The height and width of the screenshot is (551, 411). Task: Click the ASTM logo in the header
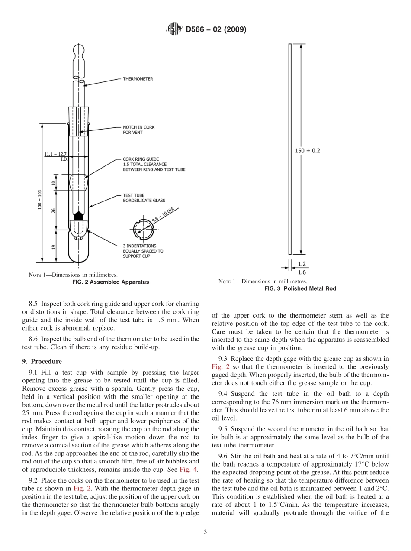coord(174,30)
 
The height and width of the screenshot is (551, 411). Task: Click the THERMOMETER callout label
coord(138,79)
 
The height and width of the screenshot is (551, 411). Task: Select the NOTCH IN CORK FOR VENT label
coord(138,130)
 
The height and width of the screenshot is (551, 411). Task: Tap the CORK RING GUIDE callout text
coord(154,164)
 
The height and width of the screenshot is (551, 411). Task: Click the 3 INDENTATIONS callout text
coord(143,251)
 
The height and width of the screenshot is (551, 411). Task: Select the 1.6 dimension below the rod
coord(302,272)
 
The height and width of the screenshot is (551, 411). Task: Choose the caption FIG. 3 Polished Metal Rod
coord(300,288)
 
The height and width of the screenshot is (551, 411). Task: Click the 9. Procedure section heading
coord(42,361)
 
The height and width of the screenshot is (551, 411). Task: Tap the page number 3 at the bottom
coord(205,532)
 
